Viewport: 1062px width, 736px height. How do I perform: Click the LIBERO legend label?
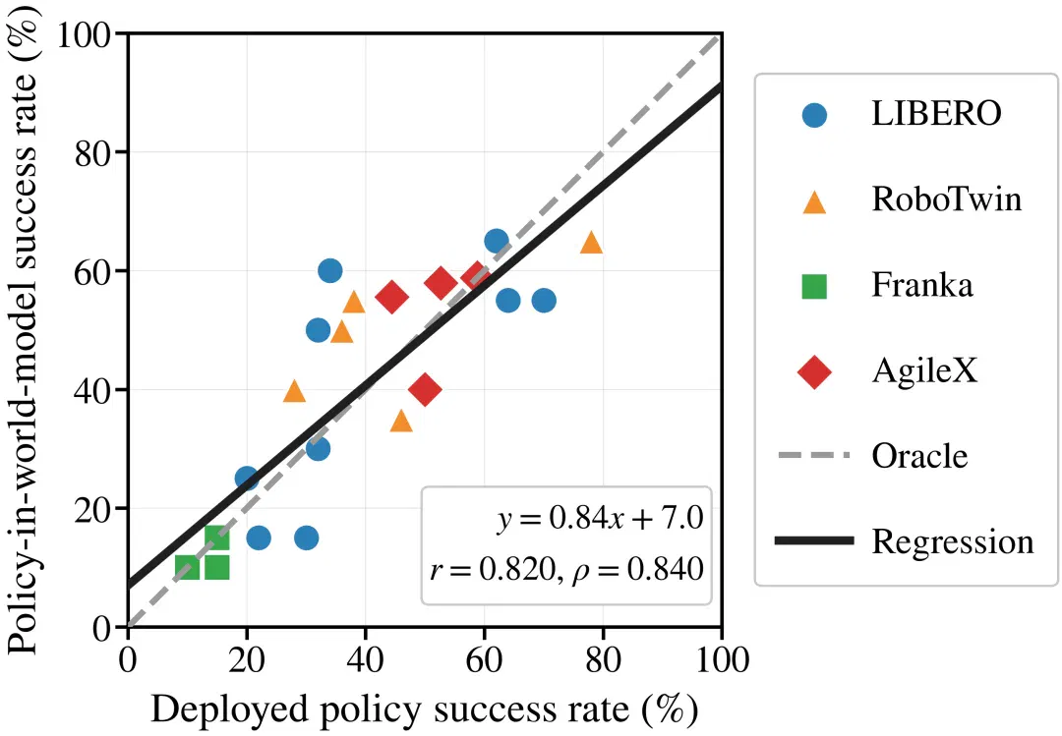[x=936, y=114]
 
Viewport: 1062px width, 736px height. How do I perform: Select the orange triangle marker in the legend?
[x=814, y=201]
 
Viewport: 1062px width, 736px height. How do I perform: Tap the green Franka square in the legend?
[x=814, y=286]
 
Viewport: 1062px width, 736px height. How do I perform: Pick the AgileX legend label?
[x=924, y=371]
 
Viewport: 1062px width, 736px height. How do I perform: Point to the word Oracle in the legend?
[x=919, y=456]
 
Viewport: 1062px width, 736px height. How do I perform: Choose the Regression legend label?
[x=953, y=542]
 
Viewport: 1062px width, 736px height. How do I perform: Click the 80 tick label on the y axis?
[x=92, y=151]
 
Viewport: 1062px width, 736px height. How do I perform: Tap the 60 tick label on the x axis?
[x=484, y=659]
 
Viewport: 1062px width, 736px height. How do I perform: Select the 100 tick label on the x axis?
[x=722, y=659]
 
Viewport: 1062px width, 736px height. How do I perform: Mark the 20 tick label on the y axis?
[x=92, y=508]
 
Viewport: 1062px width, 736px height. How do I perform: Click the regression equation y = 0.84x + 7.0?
[x=600, y=519]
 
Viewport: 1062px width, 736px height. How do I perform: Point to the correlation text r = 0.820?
[x=492, y=569]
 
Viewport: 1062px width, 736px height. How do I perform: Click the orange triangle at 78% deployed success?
[x=591, y=242]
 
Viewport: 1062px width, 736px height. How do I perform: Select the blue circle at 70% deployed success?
[x=544, y=301]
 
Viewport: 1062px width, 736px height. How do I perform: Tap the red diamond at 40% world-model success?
[x=425, y=389]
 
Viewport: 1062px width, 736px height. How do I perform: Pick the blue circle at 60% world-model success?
[x=329, y=271]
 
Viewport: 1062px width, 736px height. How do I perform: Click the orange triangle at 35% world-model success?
[x=401, y=421]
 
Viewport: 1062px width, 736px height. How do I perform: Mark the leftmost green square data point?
[x=188, y=567]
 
